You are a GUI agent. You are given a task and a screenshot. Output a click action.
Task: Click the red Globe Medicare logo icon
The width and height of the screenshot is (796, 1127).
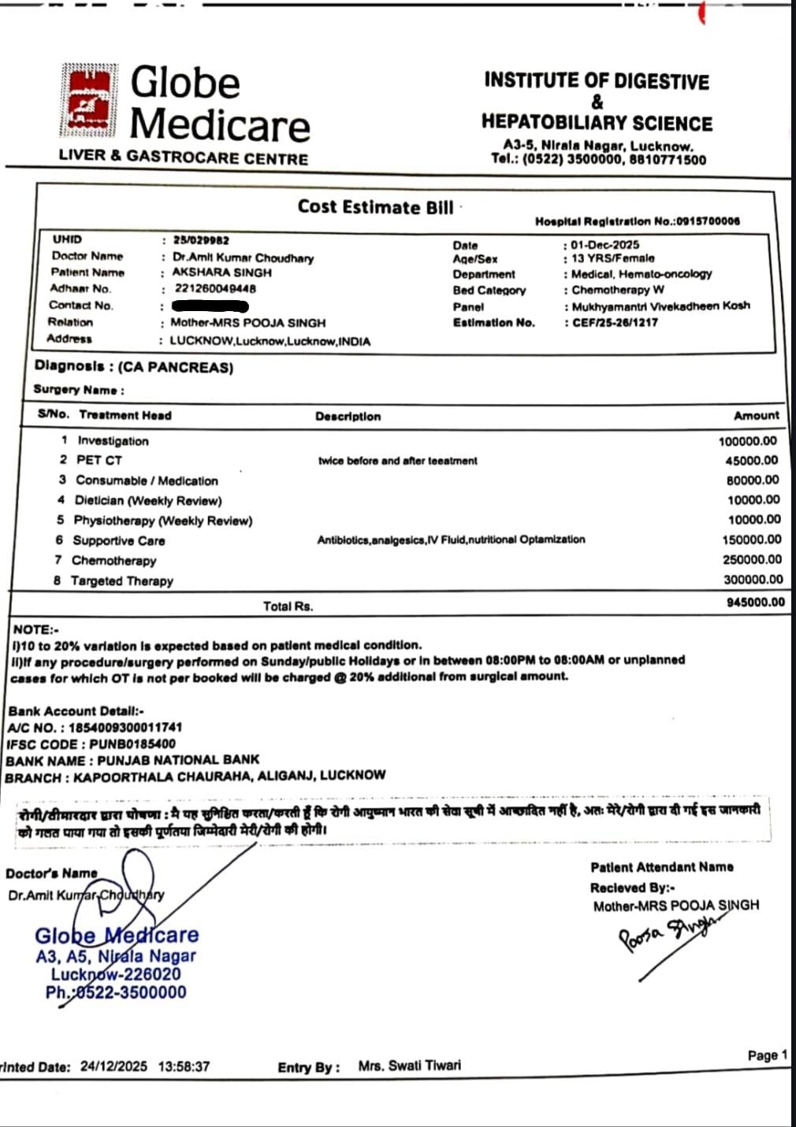[x=89, y=100]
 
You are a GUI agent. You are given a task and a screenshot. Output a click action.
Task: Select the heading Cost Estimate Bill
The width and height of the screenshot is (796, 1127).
[x=375, y=207]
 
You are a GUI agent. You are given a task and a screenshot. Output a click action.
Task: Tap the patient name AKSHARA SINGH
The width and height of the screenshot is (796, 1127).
[x=221, y=272]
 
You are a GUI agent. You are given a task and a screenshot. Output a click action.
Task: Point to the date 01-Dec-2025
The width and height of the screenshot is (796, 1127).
[x=605, y=245]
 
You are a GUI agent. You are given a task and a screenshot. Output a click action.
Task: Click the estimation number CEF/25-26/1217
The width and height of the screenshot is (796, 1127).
[x=615, y=322]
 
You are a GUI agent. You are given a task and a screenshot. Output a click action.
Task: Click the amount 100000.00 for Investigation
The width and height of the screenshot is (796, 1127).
[x=747, y=441]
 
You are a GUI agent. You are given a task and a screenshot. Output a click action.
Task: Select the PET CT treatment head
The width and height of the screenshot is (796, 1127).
[x=99, y=460]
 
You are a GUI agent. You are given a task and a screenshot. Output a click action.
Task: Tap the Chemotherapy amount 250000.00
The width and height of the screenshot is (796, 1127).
[x=752, y=559]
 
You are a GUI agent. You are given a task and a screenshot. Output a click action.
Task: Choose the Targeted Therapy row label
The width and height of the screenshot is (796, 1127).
[x=121, y=580]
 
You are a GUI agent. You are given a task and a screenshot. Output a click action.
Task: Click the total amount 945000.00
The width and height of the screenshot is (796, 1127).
[x=755, y=602]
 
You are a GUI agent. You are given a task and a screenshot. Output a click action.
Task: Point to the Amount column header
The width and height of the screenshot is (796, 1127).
[x=756, y=415]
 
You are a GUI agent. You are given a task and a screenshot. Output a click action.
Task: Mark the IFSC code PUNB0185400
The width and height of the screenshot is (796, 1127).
[x=132, y=743]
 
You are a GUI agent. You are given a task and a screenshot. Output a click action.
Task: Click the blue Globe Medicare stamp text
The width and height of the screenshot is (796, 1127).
[x=117, y=936]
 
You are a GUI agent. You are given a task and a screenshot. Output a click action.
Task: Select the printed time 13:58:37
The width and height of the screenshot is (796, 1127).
[x=184, y=1066]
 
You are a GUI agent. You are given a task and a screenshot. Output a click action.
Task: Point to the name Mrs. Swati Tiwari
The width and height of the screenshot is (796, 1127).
[x=409, y=1066]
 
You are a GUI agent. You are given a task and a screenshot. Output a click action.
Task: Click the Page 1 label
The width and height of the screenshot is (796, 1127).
[x=767, y=1055]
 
